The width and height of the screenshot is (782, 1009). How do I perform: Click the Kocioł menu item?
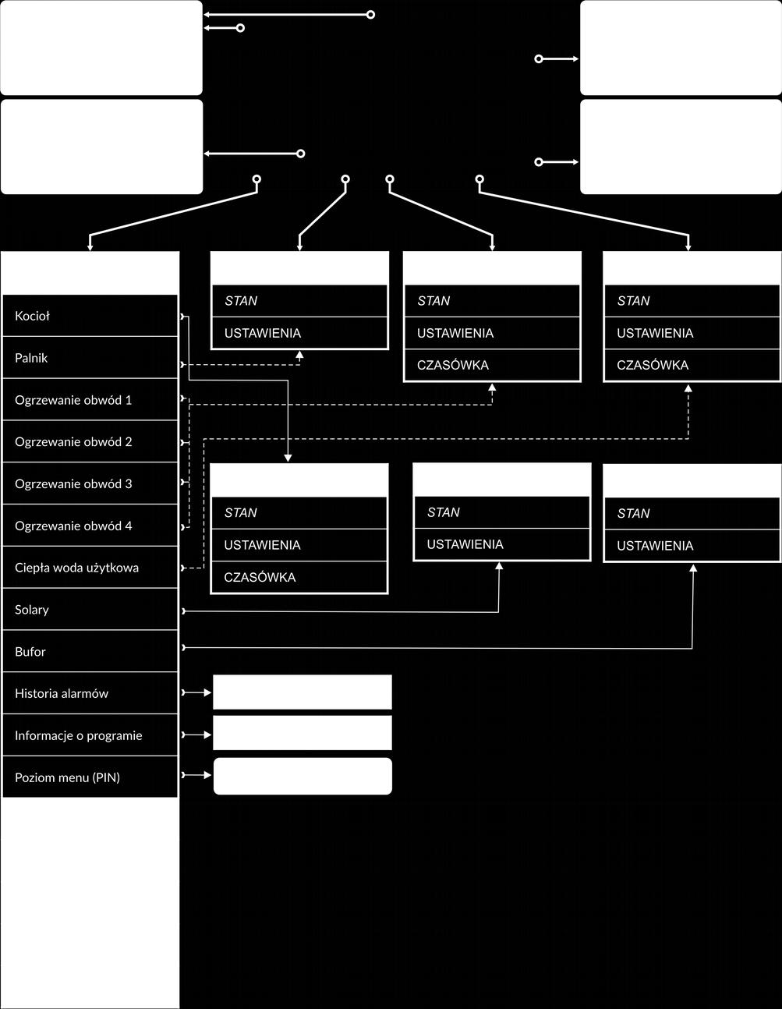pyautogui.click(x=90, y=316)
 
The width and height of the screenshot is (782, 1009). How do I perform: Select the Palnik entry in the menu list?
pyautogui.click(x=90, y=358)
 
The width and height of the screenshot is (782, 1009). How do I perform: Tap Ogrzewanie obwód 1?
pyautogui.click(x=90, y=400)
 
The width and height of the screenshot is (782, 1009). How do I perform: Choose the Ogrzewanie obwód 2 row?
pyautogui.click(x=90, y=441)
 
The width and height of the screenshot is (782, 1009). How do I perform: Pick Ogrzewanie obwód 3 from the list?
pyautogui.click(x=90, y=483)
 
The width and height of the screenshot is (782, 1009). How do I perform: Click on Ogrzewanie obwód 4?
pyautogui.click(x=90, y=526)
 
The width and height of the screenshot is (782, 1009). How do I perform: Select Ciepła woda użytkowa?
pyautogui.click(x=90, y=568)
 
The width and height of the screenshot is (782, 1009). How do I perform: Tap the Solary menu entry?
pyautogui.click(x=90, y=609)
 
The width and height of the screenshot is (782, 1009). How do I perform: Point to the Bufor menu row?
pyautogui.click(x=90, y=651)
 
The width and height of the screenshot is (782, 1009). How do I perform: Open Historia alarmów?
pyautogui.click(x=90, y=693)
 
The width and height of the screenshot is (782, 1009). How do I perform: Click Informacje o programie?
pyautogui.click(x=90, y=735)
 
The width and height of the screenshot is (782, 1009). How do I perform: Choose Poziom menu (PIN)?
pyautogui.click(x=90, y=777)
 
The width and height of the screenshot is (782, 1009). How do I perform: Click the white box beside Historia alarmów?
pyautogui.click(x=303, y=692)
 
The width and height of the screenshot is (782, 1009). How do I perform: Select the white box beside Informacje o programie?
pyautogui.click(x=303, y=733)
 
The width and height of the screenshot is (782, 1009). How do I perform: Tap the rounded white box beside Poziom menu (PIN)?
pyautogui.click(x=303, y=776)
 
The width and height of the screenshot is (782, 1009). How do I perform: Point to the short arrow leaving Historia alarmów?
pyautogui.click(x=196, y=692)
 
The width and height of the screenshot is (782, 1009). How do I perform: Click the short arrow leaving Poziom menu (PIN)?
pyautogui.click(x=196, y=775)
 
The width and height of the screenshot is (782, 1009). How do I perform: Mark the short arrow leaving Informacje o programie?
pyautogui.click(x=196, y=735)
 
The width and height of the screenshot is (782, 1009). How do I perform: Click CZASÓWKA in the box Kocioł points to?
pyautogui.click(x=260, y=577)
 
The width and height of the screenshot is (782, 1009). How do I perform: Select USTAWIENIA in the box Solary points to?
pyautogui.click(x=465, y=544)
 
